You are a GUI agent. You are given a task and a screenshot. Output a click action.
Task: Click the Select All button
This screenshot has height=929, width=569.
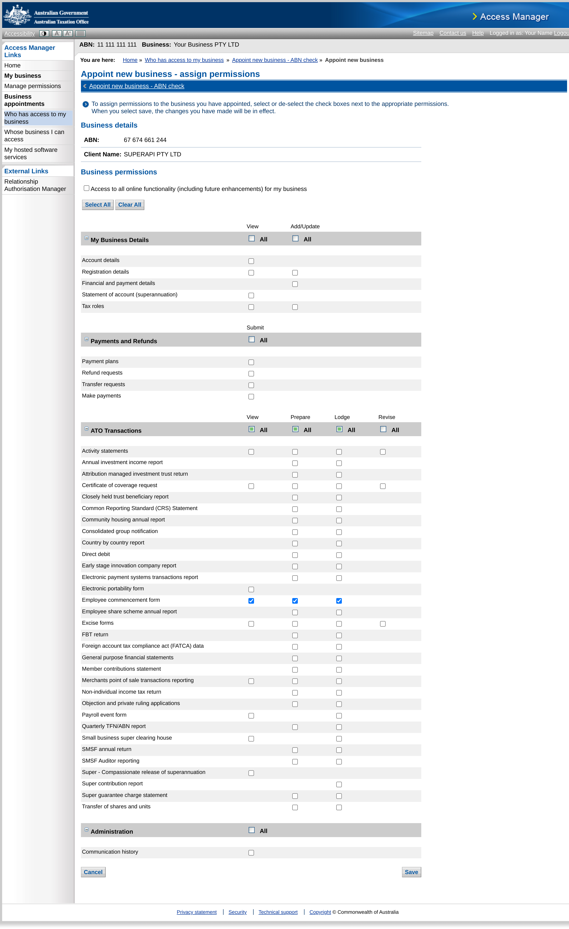[98, 205]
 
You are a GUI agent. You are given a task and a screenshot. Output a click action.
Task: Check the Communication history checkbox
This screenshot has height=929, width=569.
[251, 853]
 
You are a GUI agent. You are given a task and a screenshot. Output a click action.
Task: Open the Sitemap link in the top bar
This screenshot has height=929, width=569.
[423, 33]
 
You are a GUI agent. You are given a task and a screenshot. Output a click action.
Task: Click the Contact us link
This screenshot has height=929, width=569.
[452, 33]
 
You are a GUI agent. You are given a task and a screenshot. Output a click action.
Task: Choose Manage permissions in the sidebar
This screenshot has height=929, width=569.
[32, 86]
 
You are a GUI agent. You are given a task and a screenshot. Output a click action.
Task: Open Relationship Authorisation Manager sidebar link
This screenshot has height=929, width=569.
[35, 185]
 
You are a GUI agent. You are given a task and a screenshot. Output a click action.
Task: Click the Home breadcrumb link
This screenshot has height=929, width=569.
[130, 60]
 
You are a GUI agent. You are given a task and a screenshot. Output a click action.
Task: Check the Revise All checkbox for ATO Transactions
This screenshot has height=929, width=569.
[383, 429]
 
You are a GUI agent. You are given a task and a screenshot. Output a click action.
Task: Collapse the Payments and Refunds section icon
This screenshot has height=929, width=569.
[86, 339]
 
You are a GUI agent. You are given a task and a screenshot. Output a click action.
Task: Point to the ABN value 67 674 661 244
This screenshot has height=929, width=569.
[145, 140]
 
